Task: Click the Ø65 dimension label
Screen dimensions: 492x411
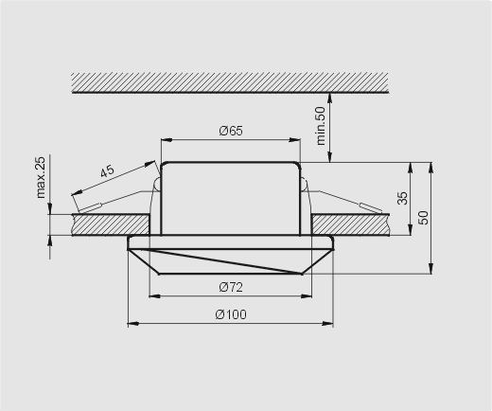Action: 231,131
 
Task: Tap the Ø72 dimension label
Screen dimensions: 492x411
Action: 231,287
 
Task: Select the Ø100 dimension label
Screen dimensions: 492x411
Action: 231,314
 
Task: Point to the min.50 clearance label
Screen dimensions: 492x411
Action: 321,126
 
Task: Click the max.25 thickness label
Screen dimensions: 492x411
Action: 42,177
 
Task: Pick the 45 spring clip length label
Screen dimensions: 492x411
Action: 107,171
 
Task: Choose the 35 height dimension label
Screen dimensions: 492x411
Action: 402,198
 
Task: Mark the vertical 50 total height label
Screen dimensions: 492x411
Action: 424,218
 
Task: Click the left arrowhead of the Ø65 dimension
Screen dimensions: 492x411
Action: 167,140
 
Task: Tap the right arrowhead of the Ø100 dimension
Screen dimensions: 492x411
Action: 327,323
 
